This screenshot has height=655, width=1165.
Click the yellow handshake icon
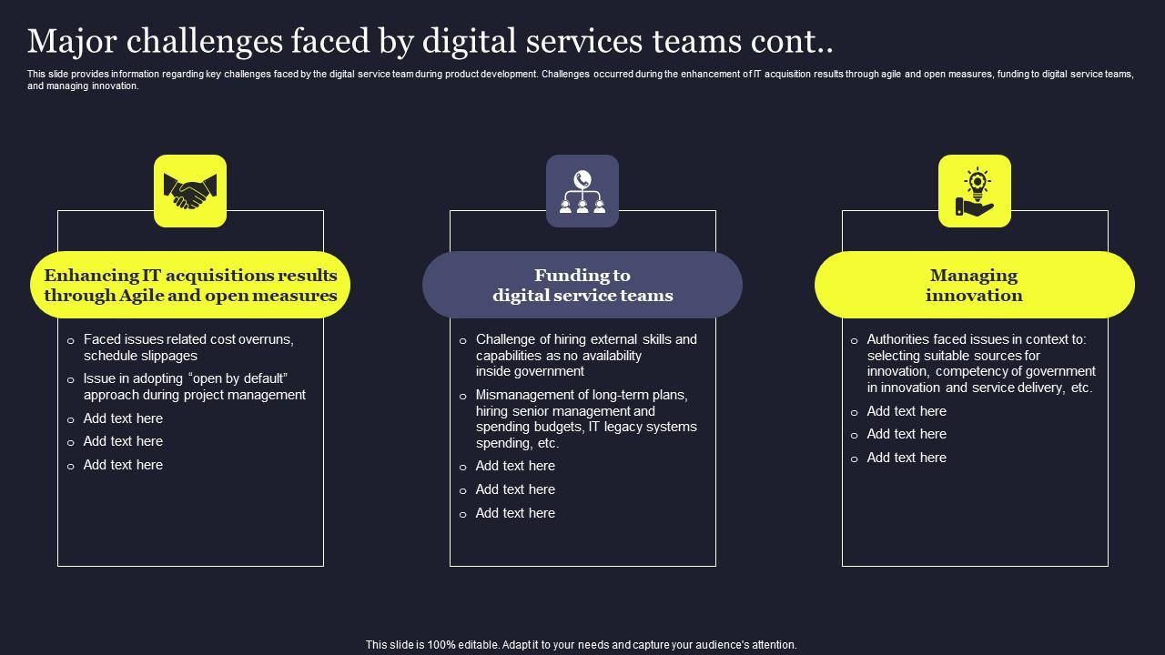point(190,191)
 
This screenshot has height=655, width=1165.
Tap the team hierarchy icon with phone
point(582,191)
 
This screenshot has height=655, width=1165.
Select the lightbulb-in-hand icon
point(975,191)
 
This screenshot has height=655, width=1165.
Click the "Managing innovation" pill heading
point(974,285)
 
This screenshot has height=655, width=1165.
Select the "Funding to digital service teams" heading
point(582,285)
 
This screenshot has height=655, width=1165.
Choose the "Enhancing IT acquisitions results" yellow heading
point(190,285)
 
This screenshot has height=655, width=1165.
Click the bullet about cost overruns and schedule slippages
point(188,348)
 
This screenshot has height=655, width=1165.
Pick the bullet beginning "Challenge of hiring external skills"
point(586,355)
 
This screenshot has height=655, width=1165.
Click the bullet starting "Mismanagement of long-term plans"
point(586,419)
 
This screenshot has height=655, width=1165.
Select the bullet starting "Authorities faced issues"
point(981,363)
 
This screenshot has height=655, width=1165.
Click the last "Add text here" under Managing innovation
point(907,458)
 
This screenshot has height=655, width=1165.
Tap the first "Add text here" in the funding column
point(515,466)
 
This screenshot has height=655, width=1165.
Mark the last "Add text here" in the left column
point(123,465)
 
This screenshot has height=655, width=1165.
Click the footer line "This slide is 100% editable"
point(582,644)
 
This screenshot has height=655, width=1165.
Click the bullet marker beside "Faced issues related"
point(71,341)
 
